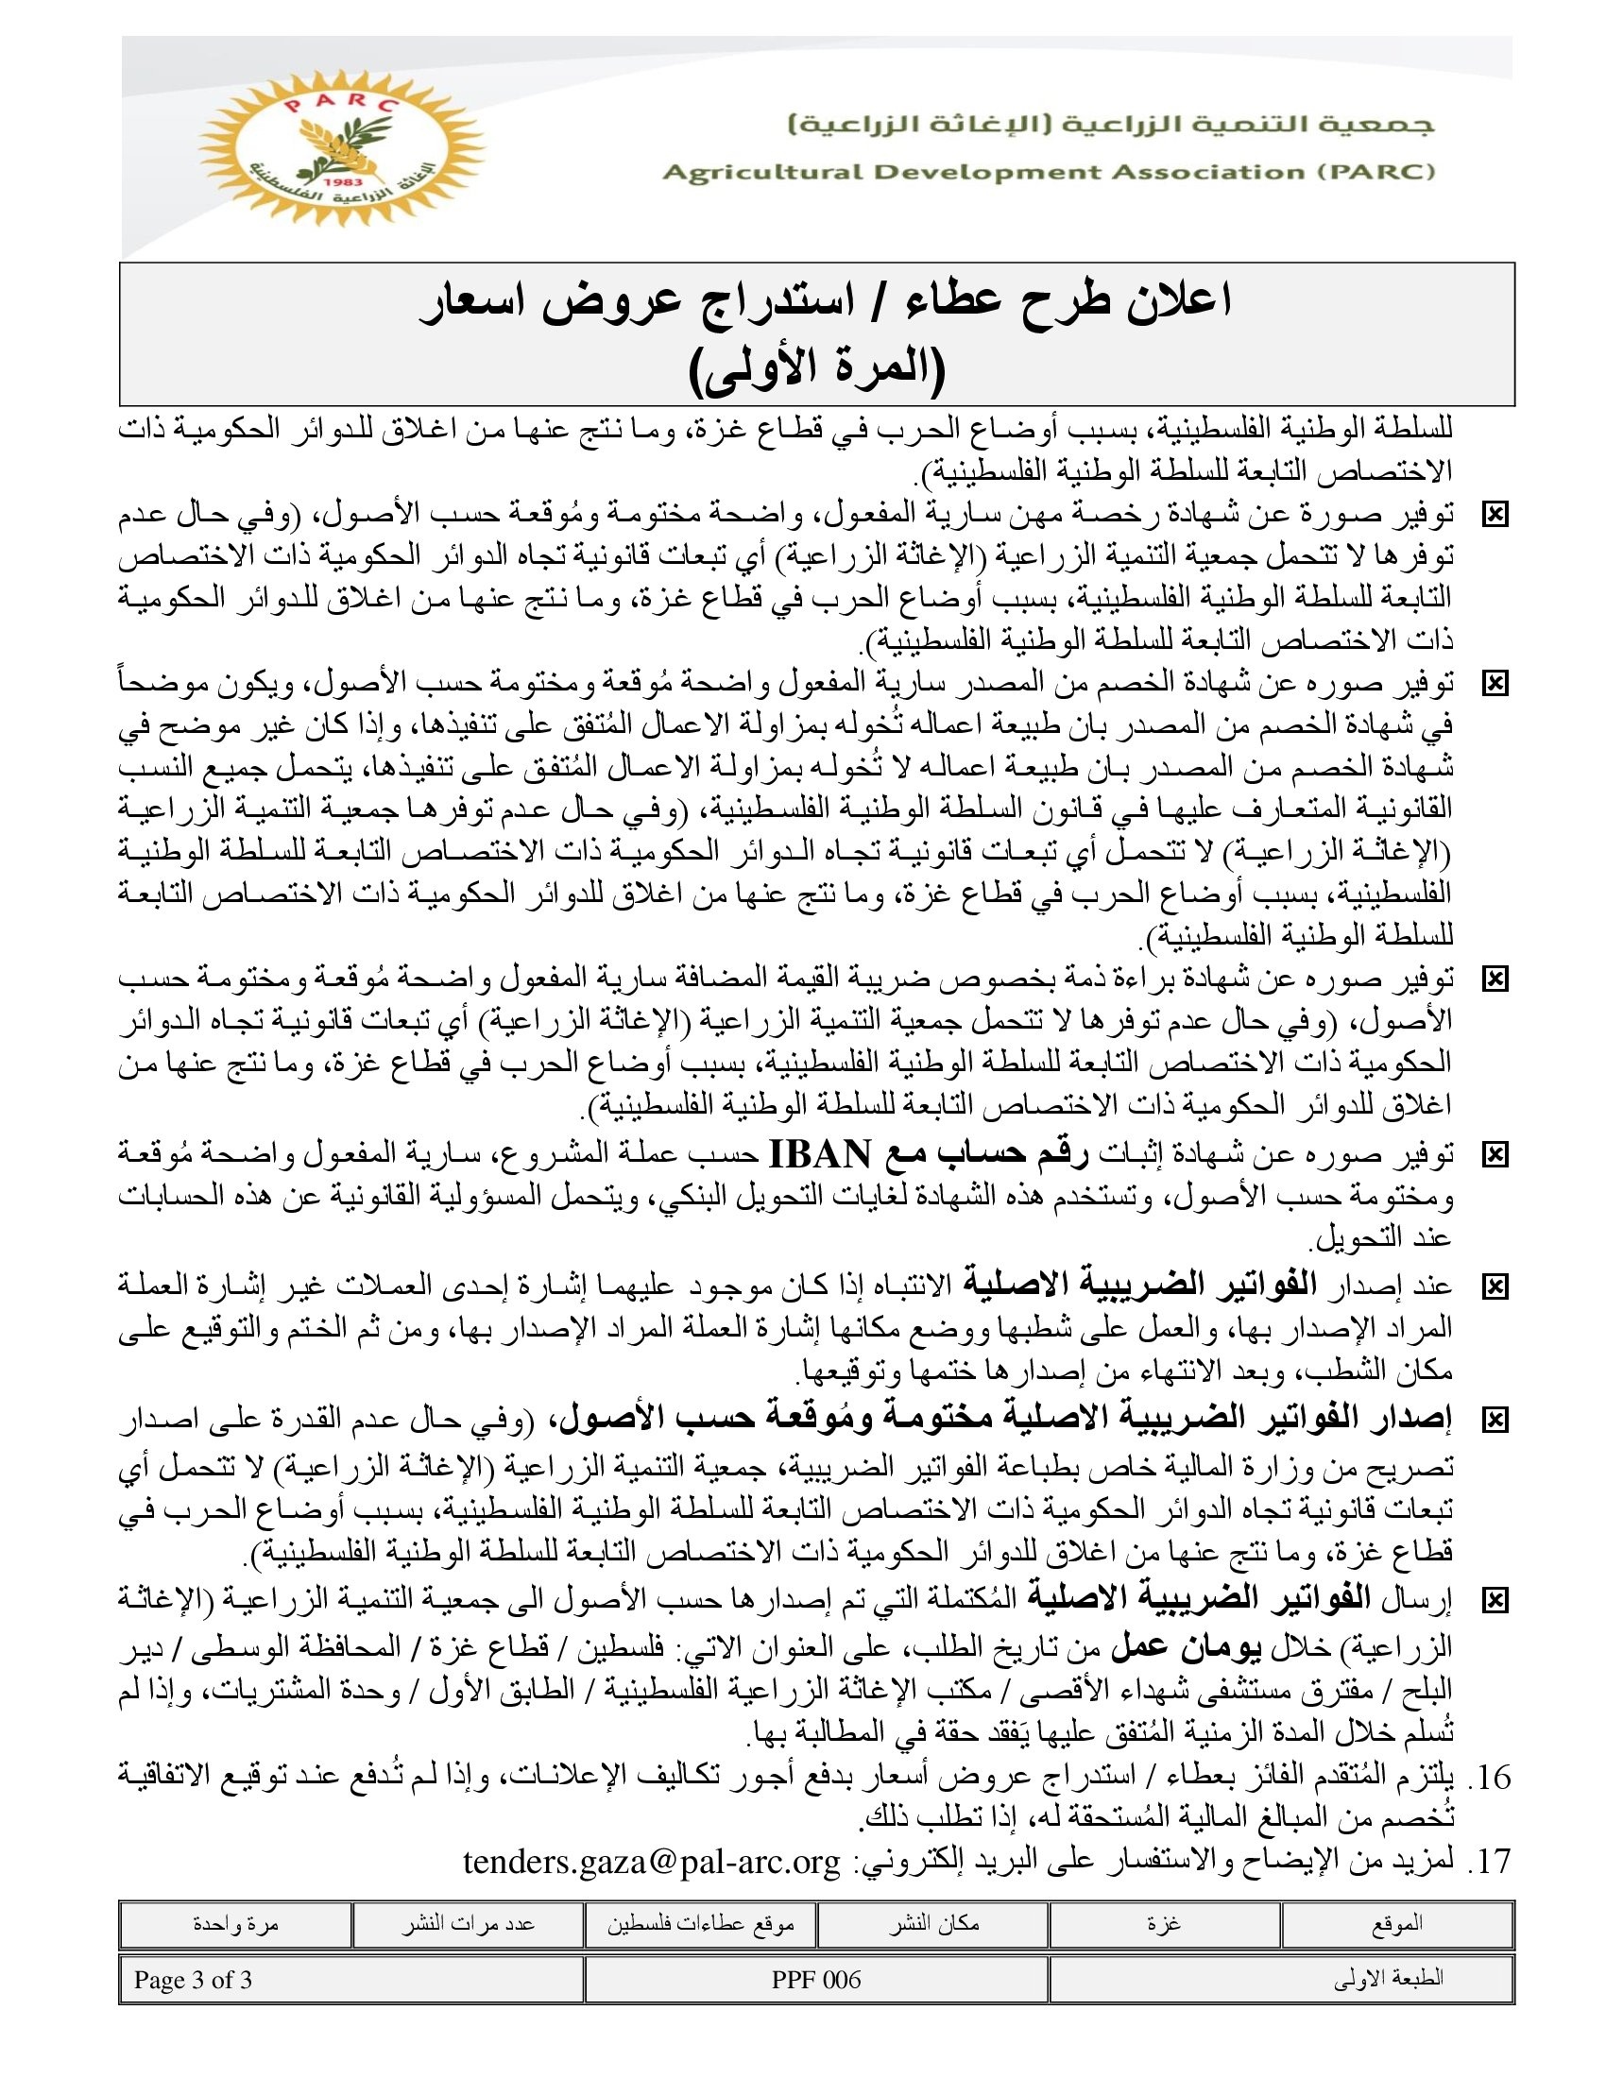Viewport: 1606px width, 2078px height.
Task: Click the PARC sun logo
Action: coord(341,147)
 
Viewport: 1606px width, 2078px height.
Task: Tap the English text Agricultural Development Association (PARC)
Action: coord(1048,172)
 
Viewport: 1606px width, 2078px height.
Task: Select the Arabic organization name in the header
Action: coord(1110,125)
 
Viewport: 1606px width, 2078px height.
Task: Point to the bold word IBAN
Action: coord(819,1154)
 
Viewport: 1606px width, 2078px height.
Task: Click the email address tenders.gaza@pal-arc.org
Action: coord(652,1862)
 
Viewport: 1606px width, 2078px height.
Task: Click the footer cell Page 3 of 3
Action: coord(193,1980)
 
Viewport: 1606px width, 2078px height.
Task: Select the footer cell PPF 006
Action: coord(816,1980)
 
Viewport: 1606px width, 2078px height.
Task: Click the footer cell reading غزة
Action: coord(1164,1924)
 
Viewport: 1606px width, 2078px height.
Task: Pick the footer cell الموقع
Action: coord(1396,1924)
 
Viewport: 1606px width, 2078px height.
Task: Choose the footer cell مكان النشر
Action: coord(933,1924)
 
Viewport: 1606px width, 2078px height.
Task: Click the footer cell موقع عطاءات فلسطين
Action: coord(700,1924)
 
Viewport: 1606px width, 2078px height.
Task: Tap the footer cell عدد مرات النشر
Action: coord(467,1924)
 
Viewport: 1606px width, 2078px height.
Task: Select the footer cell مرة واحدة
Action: coord(235,1924)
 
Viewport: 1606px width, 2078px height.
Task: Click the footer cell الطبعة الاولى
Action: coord(1388,1980)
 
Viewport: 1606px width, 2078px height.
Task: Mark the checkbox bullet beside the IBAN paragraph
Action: coord(1495,1155)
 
